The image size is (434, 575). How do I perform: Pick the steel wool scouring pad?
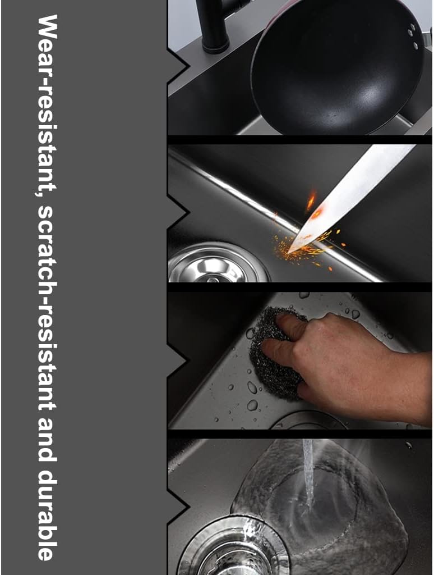click(x=275, y=354)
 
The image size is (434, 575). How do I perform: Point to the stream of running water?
click(x=308, y=473)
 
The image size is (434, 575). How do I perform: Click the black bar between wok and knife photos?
click(x=300, y=140)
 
